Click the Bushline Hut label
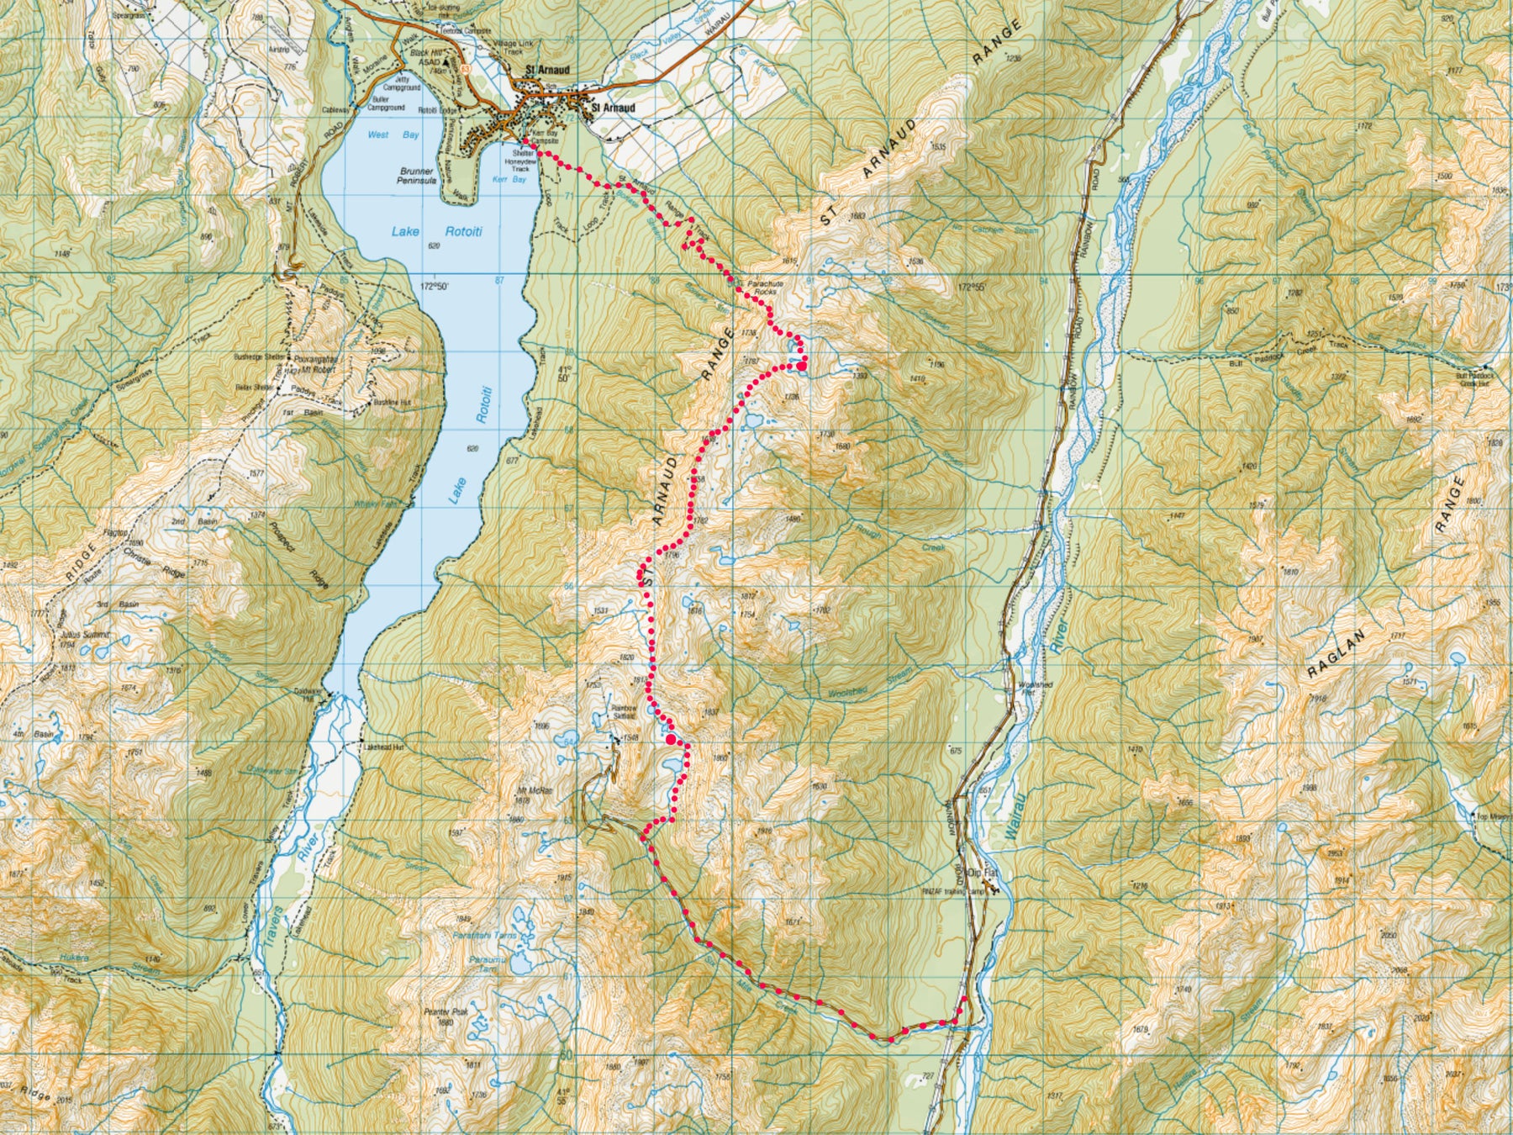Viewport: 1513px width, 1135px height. (x=393, y=402)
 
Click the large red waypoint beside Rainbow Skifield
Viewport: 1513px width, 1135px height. (x=671, y=739)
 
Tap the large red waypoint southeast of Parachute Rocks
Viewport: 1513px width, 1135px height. (x=802, y=365)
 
